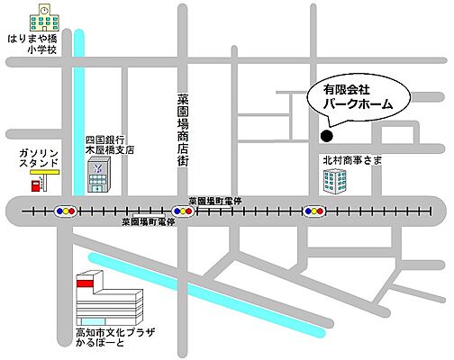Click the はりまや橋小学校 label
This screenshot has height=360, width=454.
[x=36, y=45]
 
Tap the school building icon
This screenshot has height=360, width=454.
[x=41, y=18]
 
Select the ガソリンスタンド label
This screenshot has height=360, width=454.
[x=39, y=156]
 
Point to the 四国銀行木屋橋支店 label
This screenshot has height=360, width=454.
[x=109, y=145]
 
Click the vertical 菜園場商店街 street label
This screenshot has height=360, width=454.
[x=183, y=130]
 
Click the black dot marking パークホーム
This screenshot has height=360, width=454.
[x=327, y=137]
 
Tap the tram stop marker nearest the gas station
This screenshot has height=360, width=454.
[x=65, y=211]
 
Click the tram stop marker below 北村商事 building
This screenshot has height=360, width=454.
[x=313, y=211]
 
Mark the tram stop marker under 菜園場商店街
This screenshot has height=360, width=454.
[x=183, y=211]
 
